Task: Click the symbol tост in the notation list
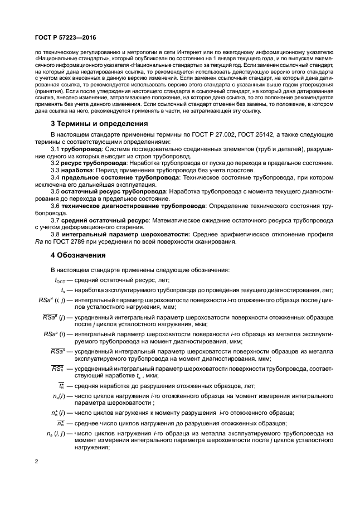pyautogui.click(x=60, y=280)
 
